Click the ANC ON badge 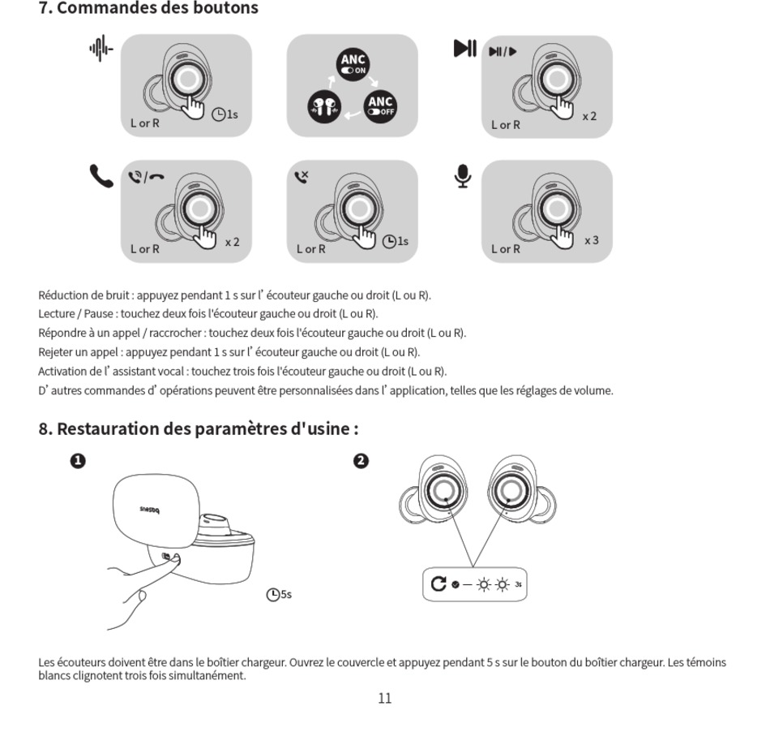click(353, 64)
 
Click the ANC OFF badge click(381, 105)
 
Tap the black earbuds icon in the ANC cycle click(323, 107)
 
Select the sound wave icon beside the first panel click(101, 50)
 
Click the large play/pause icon click(464, 49)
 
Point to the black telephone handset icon click(101, 176)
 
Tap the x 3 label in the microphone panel click(592, 240)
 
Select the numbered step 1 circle click(78, 461)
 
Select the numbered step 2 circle click(361, 461)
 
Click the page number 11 click(385, 698)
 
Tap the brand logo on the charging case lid click(152, 510)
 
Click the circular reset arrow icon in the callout click(439, 583)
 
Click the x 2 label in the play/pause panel click(589, 116)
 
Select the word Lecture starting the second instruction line click(56, 313)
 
